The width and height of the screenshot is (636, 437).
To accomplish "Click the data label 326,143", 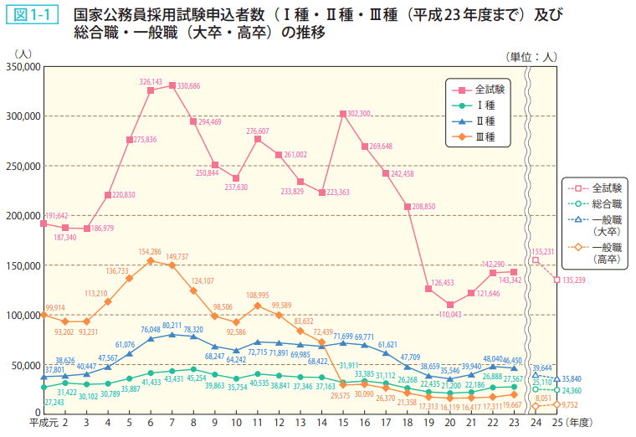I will coord(151,82).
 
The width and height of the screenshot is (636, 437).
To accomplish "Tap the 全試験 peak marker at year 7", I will coord(172,85).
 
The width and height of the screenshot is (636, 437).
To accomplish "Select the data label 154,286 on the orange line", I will coord(150,251).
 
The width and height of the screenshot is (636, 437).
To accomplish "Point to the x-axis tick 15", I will coord(343,424).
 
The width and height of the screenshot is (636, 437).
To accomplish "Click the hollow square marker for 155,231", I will coord(536,260).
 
